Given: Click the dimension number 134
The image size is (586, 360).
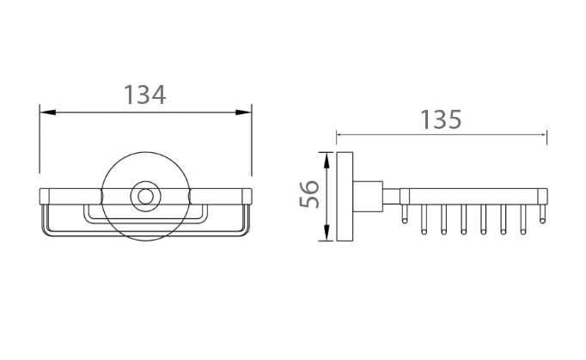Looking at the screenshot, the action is coord(144,95).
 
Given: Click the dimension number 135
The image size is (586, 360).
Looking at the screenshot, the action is coord(441,119).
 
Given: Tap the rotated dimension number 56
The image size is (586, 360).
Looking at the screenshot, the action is coord(309,194).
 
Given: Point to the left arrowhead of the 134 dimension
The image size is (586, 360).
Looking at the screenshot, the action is coord(48,113).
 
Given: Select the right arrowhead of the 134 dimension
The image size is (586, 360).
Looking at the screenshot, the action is coord(243,113).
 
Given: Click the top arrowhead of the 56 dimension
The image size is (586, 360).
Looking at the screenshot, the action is coord(327,161).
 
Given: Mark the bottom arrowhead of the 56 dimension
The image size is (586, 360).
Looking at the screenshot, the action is coord(327,233).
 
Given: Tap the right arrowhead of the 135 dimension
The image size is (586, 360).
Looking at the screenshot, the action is coord(544,135).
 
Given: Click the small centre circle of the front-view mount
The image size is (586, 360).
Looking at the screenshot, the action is coord(145,196).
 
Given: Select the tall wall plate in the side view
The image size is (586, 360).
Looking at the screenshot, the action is coord(345,196).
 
